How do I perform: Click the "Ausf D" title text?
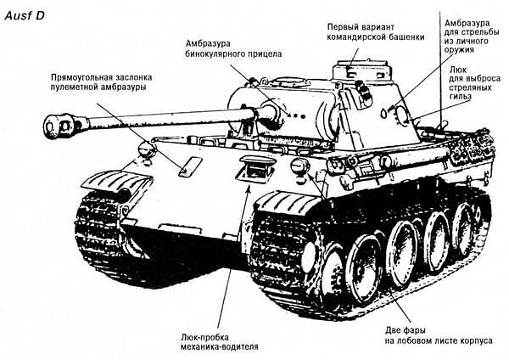(x=25, y=15)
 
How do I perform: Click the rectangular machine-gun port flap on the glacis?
(x=191, y=166)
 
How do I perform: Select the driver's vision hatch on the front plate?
(x=255, y=168)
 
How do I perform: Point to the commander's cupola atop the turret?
(x=364, y=71)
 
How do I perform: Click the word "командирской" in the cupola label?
(x=354, y=37)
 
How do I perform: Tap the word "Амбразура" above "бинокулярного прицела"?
(x=208, y=43)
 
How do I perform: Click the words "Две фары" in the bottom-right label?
(x=406, y=331)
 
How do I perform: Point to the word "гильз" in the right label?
(x=461, y=97)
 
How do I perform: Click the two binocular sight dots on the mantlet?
(x=298, y=115)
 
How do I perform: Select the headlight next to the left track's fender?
(x=147, y=149)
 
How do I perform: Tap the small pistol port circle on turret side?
(x=384, y=113)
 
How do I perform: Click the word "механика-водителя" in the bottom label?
(x=220, y=347)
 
